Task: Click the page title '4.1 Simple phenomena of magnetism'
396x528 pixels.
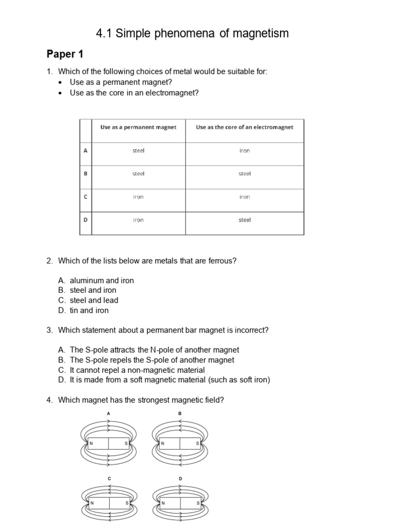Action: [x=192, y=34]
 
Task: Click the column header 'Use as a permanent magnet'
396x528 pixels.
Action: [x=138, y=127]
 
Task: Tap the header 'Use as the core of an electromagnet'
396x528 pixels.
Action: [x=244, y=127]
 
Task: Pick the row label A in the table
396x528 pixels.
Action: [x=86, y=151]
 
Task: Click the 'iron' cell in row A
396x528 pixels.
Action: [x=244, y=151]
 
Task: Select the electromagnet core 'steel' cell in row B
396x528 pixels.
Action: [x=244, y=174]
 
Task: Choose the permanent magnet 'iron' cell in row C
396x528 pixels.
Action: [x=138, y=197]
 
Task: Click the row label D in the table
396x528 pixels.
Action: [x=86, y=220]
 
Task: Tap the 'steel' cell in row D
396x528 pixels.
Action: [x=244, y=220]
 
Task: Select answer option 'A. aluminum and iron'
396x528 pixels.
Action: [x=96, y=280]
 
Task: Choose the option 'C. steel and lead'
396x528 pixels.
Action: [x=88, y=300]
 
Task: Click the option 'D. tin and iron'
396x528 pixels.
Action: [x=84, y=310]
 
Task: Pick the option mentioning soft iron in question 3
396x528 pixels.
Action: [x=164, y=380]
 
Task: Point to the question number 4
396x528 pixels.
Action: [x=49, y=400]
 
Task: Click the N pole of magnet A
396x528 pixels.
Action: [x=91, y=443]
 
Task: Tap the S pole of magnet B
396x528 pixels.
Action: [x=197, y=443]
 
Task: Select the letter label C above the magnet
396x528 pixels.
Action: [x=109, y=479]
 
